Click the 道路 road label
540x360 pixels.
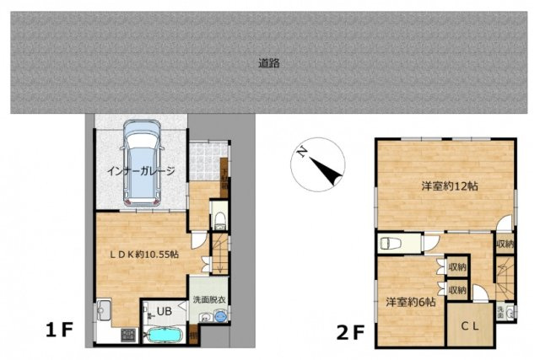pyautogui.click(x=269, y=62)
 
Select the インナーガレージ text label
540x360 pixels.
pyautogui.click(x=141, y=171)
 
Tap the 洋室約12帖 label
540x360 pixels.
pyautogui.click(x=445, y=186)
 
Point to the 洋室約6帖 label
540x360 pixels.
pyautogui.click(x=411, y=301)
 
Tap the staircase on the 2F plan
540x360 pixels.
pyautogui.click(x=503, y=277)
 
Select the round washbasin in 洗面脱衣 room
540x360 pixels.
pyautogui.click(x=220, y=317)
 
